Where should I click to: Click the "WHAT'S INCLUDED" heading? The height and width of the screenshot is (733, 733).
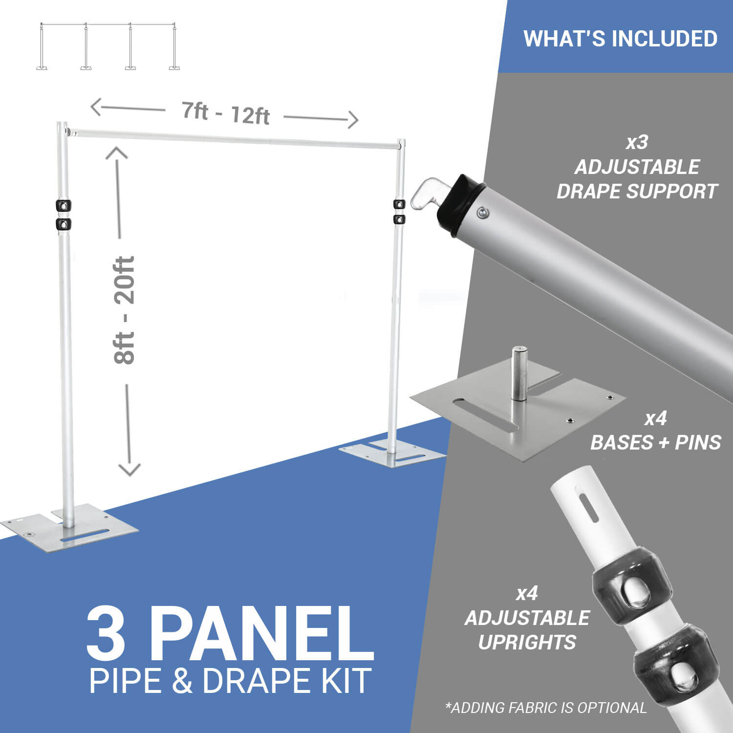620,39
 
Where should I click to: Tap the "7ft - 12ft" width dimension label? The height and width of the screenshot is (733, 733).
225,113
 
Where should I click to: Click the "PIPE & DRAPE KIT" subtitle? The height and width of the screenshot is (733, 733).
230,680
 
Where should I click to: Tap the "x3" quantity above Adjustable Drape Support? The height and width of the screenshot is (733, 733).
637,142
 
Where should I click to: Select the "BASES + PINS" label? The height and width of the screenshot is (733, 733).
655,443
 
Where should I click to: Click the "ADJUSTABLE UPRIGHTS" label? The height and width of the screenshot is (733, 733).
527,630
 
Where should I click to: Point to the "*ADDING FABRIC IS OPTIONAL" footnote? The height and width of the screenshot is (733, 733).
546,707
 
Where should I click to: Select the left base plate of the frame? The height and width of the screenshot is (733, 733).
71,528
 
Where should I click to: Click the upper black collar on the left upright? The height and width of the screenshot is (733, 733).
64,206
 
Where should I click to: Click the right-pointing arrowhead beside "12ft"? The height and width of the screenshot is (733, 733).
352,120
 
